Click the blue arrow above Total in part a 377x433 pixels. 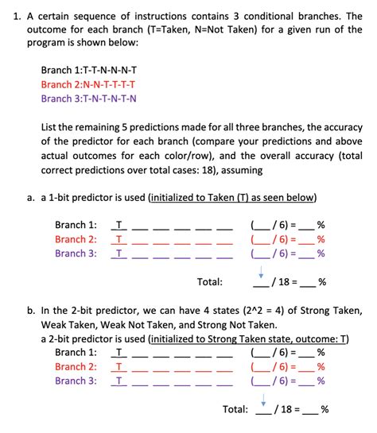tap(262, 270)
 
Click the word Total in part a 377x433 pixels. tap(209, 282)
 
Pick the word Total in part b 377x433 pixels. tap(235, 409)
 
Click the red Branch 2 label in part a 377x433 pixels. tap(76, 239)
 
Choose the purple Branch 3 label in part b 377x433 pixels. tap(76, 381)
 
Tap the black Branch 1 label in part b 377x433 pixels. tap(76, 352)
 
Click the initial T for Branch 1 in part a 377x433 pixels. tap(119, 225)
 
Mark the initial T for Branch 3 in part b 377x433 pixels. tap(119, 381)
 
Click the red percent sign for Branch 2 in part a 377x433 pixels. tap(321, 239)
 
